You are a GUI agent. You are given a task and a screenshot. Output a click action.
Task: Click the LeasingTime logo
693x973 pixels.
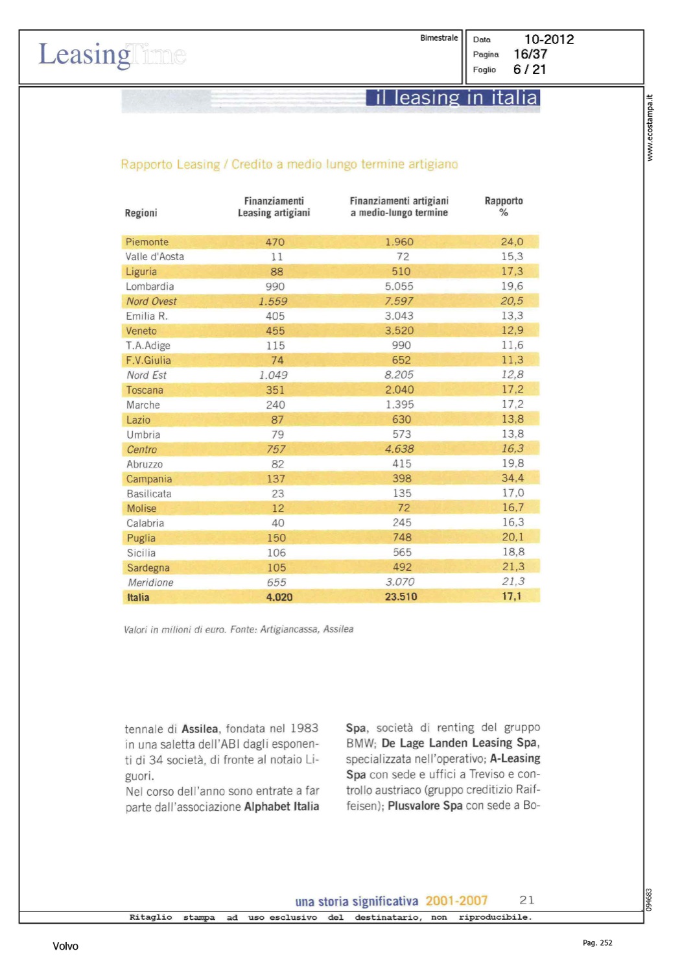point(112,55)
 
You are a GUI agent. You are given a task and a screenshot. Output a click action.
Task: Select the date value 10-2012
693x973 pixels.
point(548,40)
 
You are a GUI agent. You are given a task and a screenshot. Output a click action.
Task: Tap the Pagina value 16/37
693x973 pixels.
point(530,54)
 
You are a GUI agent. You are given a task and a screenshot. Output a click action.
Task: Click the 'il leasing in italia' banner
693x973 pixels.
point(453,98)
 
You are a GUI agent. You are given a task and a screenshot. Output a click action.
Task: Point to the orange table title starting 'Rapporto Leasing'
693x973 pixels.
point(289,165)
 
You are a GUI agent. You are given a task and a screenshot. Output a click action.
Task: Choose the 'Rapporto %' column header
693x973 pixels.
point(504,207)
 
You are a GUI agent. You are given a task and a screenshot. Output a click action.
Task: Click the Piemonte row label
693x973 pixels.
point(147,242)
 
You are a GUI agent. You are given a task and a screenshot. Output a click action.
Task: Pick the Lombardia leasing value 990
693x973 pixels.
point(275,287)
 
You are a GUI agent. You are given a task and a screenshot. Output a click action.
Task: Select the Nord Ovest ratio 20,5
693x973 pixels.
point(511,301)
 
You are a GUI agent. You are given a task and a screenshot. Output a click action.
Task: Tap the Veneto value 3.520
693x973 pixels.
point(399,331)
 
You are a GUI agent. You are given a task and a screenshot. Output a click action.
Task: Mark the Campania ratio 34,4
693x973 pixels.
point(512,478)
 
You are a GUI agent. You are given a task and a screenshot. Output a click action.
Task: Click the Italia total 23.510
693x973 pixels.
point(401,597)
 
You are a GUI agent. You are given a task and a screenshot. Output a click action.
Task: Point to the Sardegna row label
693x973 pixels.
point(148,568)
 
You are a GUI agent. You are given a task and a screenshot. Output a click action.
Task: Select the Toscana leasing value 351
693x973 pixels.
point(275,390)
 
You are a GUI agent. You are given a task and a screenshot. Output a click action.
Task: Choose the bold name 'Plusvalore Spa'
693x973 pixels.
point(425,806)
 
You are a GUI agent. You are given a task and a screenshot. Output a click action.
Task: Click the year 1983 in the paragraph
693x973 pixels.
point(304,728)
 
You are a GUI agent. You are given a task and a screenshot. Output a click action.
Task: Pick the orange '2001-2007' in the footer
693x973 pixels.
point(456,901)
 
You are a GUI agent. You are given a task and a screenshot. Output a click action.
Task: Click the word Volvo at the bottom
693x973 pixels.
point(65,946)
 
